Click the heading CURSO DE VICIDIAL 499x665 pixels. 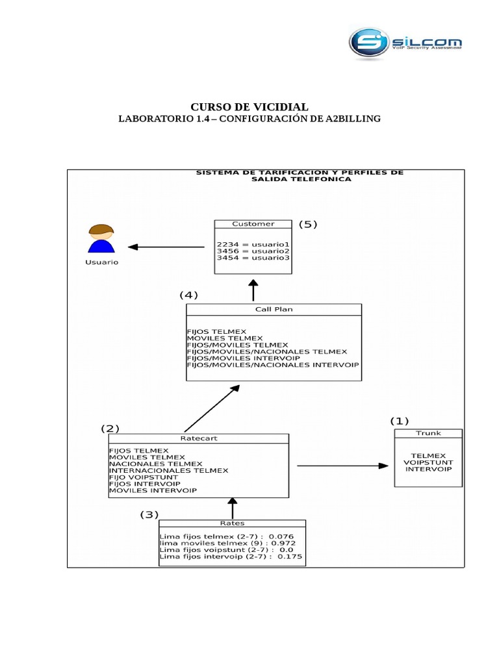tap(249, 107)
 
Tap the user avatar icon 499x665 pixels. tap(101, 241)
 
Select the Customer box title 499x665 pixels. tap(253, 224)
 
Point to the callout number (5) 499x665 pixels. tap(307, 225)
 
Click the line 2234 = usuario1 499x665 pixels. tap(253, 244)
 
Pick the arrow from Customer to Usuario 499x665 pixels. tap(166, 247)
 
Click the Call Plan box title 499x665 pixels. tap(274, 309)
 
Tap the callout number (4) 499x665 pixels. tap(188, 294)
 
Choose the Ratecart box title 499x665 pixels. tap(198, 438)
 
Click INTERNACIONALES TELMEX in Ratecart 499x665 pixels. tap(168, 470)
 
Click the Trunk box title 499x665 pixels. tap(428, 434)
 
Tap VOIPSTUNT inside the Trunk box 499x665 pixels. tap(428, 462)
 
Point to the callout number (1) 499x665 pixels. tap(400, 421)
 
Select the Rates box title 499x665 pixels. tap(232, 523)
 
